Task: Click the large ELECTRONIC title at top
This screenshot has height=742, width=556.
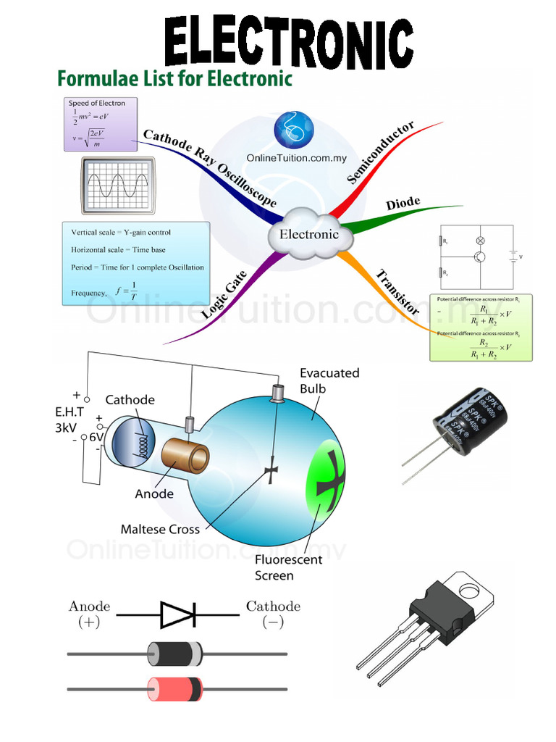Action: [x=288, y=42]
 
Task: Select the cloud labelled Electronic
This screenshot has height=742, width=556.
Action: [x=309, y=234]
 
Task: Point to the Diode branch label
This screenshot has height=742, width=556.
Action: [x=403, y=204]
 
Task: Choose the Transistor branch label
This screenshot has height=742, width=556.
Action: [x=397, y=291]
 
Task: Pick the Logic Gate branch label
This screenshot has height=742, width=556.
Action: [x=224, y=295]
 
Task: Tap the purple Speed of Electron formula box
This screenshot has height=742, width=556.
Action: [x=99, y=124]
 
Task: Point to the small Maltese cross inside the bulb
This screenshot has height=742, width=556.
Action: [x=272, y=472]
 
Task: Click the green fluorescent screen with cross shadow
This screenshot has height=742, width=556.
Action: [x=325, y=472]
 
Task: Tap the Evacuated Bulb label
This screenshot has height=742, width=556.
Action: [x=329, y=380]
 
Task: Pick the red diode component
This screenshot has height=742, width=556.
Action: [x=174, y=688]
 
